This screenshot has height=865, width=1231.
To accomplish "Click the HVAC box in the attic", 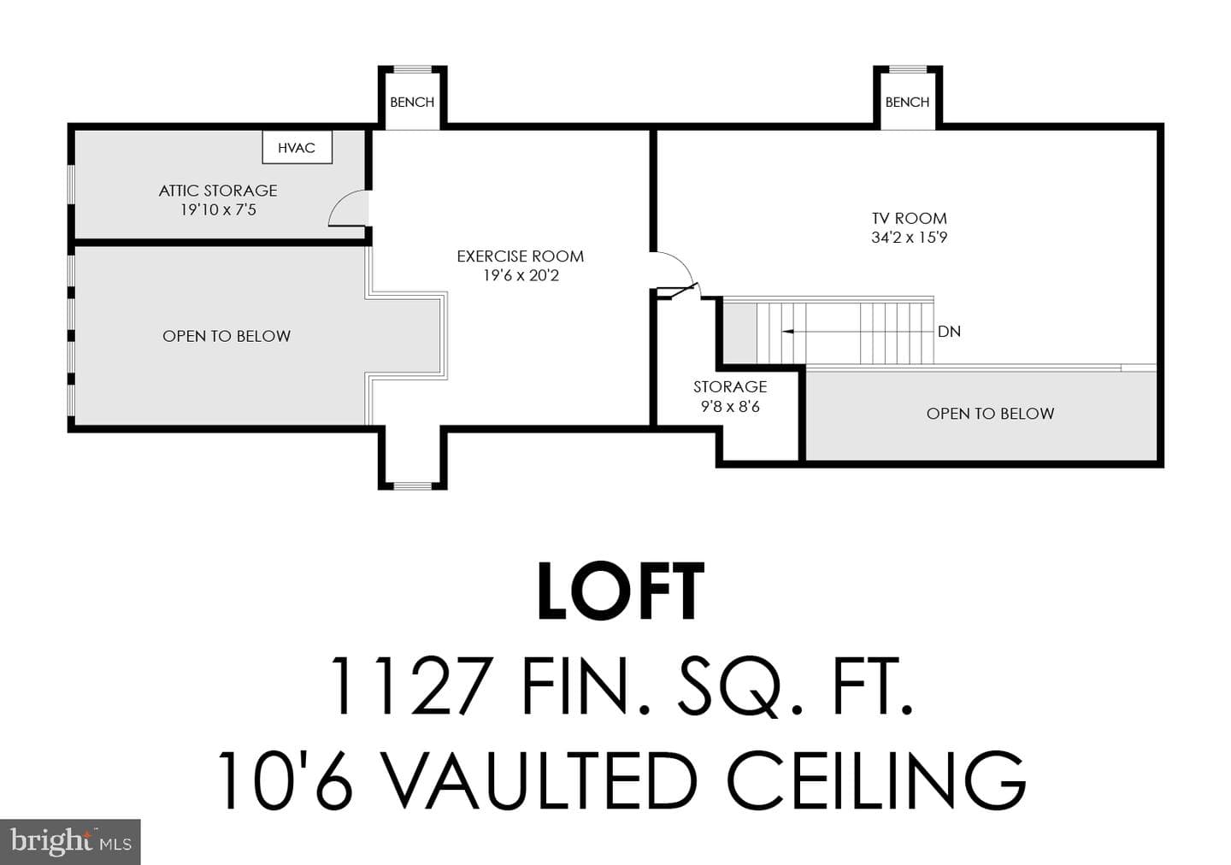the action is (x=297, y=147).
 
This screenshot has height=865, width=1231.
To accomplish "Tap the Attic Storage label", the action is (x=218, y=191).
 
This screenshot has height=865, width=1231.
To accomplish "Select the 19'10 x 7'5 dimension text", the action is (x=218, y=210).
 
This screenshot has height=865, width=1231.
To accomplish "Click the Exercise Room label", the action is (x=521, y=256).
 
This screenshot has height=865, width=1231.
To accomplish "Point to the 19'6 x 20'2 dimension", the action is (x=521, y=275).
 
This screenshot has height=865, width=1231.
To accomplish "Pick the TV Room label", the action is (x=910, y=218).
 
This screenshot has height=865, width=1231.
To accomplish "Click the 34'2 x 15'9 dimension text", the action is (x=910, y=238).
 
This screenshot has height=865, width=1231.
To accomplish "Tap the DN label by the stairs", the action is (x=949, y=332).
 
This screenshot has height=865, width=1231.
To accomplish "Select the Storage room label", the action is (x=730, y=387).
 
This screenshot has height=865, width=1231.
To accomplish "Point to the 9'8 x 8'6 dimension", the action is (x=730, y=407).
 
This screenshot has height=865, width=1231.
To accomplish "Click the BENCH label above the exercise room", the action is (x=412, y=103).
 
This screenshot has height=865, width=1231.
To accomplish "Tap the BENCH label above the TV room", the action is (x=907, y=103).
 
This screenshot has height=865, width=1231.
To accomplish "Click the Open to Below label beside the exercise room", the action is (x=227, y=336).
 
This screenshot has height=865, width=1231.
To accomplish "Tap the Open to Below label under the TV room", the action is (x=990, y=414).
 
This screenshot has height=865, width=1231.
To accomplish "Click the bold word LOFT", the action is (x=621, y=591).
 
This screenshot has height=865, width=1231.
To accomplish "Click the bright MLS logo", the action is (x=70, y=842).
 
